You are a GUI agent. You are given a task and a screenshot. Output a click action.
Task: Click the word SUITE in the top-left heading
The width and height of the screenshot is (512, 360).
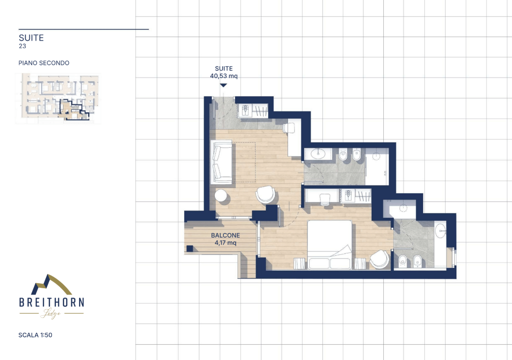click(31, 38)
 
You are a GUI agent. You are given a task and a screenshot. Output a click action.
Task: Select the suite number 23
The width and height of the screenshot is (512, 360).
click(23, 46)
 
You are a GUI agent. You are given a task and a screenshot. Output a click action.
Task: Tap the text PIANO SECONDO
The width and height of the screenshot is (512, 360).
click(44, 63)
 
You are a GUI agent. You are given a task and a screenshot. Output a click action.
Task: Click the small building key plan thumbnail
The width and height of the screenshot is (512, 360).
click(58, 98)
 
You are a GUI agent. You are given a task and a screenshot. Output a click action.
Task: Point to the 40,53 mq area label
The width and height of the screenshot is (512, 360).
click(223, 76)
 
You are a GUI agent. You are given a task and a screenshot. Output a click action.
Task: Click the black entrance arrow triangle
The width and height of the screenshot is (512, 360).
click(223, 85)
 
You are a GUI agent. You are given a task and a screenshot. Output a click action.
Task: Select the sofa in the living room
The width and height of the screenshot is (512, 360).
click(221, 162)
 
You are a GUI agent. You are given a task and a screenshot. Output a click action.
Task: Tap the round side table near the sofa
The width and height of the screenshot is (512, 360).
click(221, 196)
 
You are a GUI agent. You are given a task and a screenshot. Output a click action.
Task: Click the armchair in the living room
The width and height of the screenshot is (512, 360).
click(265, 194)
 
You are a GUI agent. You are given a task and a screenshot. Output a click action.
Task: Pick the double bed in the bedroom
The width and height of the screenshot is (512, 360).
click(330, 245)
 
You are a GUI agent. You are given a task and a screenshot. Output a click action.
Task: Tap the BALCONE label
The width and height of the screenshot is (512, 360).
click(225, 235)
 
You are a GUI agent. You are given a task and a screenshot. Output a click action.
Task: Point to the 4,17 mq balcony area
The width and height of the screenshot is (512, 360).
click(225, 243)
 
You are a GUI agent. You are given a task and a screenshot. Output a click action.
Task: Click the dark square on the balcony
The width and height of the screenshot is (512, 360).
click(189, 248)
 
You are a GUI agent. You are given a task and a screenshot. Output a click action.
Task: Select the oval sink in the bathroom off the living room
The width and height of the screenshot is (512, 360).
click(317, 153)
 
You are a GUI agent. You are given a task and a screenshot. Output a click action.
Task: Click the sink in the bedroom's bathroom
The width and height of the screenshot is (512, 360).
click(441, 230)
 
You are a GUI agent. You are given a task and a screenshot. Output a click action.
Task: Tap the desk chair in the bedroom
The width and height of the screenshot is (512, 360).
click(325, 200)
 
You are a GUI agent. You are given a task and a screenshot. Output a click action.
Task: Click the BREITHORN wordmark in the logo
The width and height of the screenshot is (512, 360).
click(51, 303)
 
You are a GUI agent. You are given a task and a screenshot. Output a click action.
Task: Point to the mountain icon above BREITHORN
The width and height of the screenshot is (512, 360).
click(51, 285)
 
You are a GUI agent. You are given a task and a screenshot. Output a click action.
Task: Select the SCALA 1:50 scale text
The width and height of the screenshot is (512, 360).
click(35, 335)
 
